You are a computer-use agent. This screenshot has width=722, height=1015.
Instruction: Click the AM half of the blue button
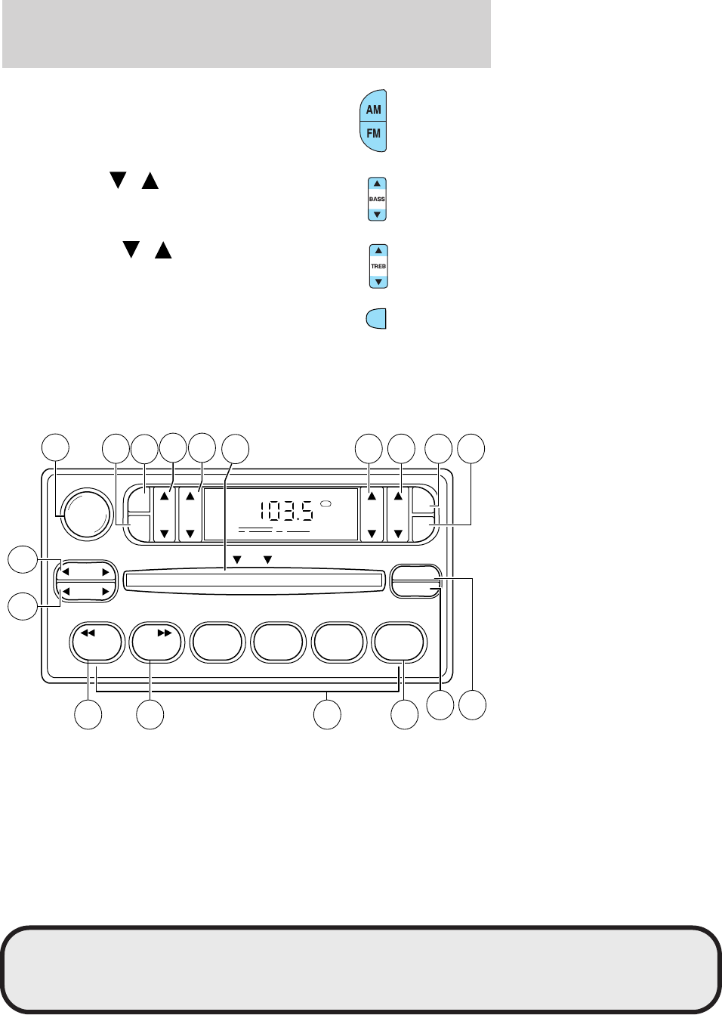374,109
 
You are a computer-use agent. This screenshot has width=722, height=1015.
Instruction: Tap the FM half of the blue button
374,134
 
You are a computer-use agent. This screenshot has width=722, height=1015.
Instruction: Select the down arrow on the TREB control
378,281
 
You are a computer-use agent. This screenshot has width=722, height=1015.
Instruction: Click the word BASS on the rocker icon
377,200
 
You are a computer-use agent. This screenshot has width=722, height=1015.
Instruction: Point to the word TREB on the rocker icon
378,266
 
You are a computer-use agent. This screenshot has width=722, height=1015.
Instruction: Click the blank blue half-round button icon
375,319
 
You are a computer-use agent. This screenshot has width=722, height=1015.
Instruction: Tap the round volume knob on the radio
85,515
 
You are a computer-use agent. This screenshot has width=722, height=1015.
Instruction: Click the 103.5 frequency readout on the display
286,512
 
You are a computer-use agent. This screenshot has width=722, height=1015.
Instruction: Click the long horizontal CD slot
253,580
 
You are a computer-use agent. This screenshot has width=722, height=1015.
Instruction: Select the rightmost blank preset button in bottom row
401,642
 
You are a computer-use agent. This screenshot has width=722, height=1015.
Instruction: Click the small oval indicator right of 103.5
326,504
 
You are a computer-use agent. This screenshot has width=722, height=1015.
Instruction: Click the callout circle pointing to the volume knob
54,447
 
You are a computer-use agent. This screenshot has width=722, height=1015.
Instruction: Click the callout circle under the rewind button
88,715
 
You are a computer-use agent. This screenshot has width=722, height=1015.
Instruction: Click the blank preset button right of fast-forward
218,642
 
